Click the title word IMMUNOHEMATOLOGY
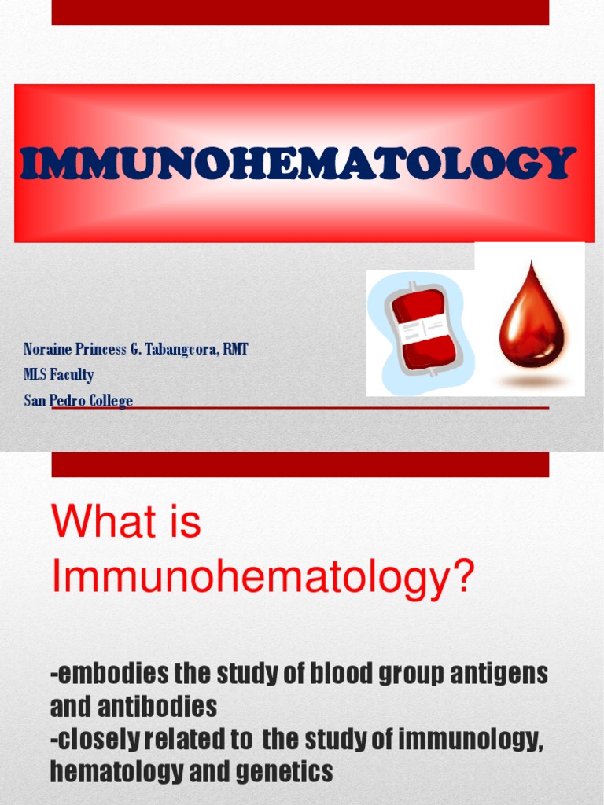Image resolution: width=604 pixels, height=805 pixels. tap(297, 163)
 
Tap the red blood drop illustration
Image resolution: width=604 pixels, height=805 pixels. tap(532, 318)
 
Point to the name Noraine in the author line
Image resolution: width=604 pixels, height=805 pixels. tap(46, 349)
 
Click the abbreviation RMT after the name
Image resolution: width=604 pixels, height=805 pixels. tap(235, 349)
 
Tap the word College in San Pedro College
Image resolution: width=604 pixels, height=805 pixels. tap(111, 401)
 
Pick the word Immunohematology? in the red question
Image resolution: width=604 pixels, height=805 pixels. tap(263, 579)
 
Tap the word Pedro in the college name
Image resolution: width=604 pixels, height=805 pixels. tap(67, 401)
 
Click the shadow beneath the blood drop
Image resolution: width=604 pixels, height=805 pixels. tap(532, 381)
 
